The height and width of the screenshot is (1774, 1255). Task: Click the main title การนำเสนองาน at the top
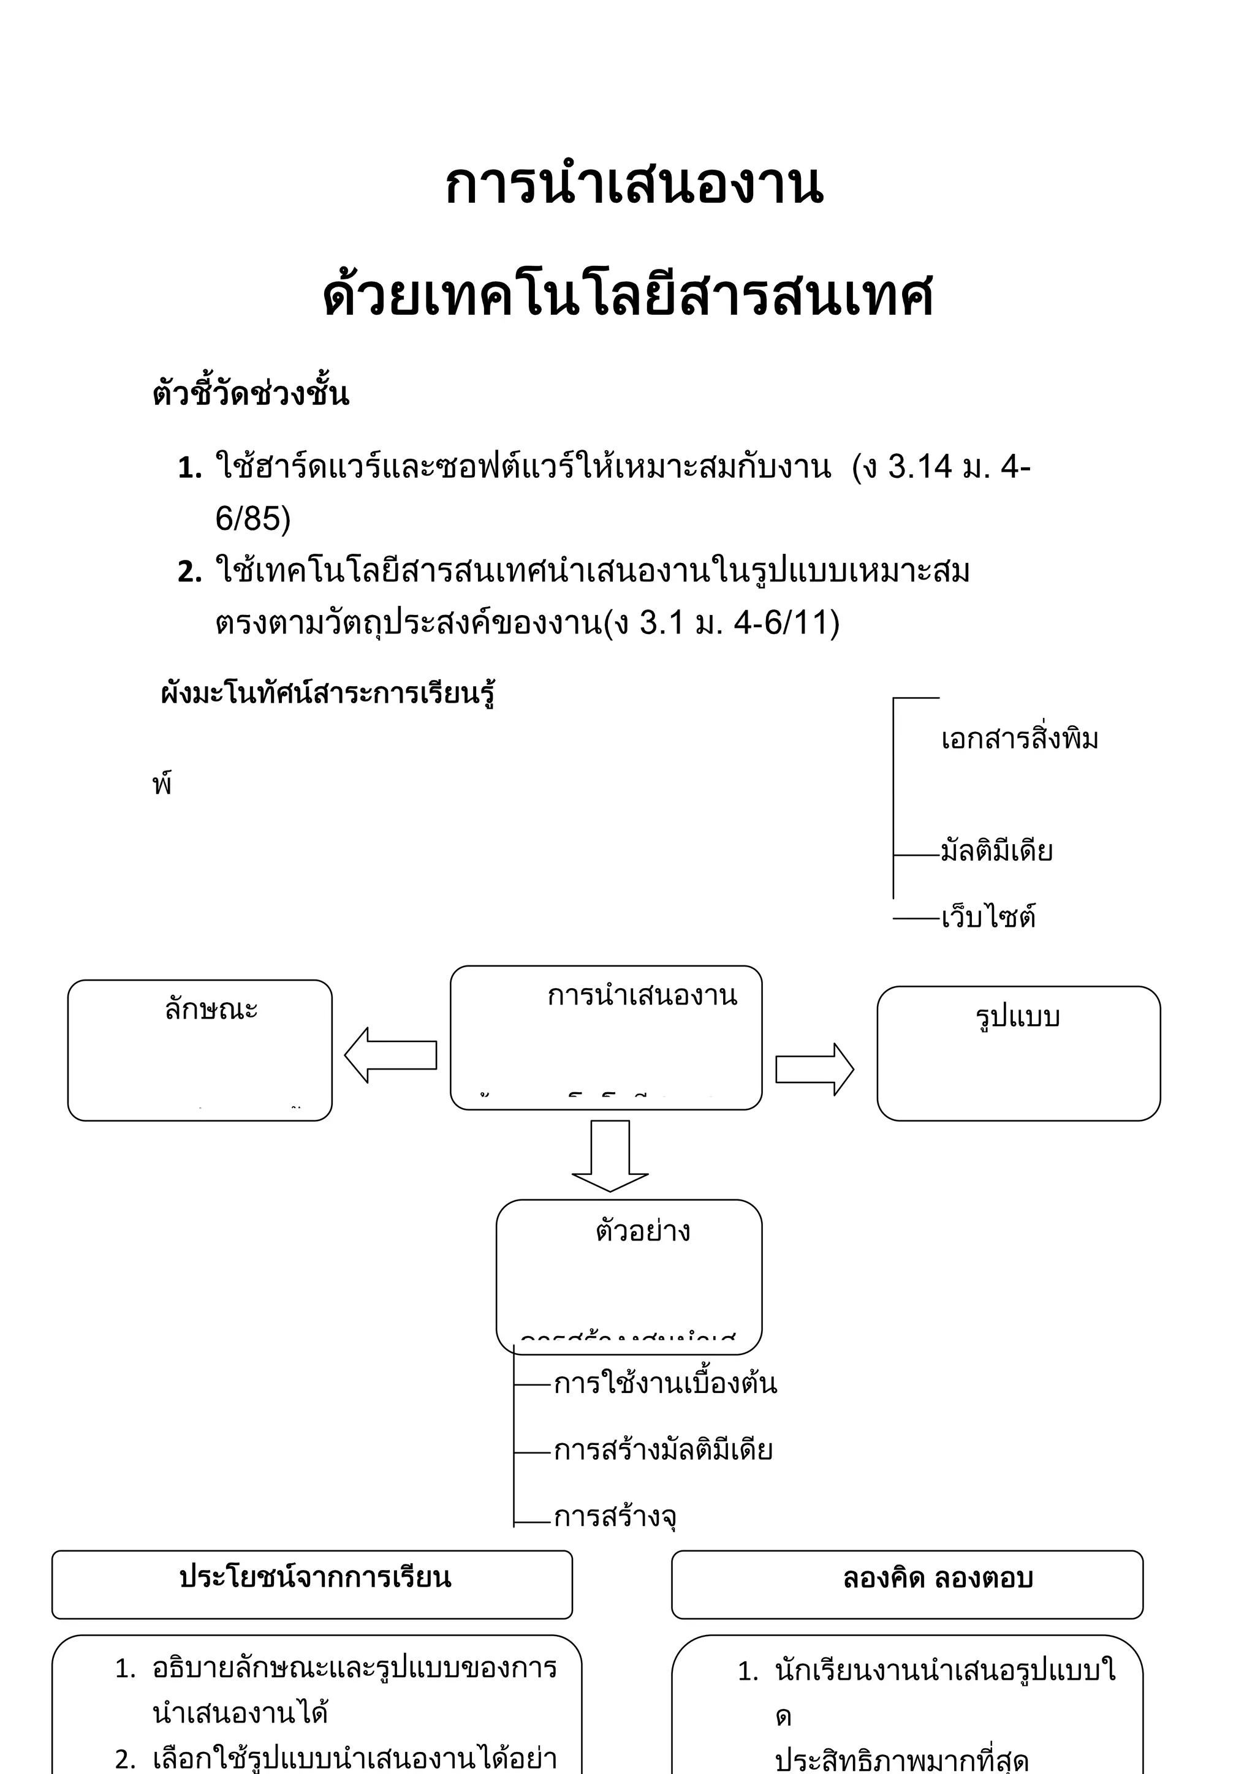pyautogui.click(x=634, y=186)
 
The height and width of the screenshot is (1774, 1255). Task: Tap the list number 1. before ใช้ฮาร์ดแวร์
pyautogui.click(x=189, y=467)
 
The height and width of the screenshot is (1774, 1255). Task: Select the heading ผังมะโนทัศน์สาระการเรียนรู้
pyautogui.click(x=328, y=693)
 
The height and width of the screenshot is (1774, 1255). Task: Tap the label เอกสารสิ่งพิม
pyautogui.click(x=1018, y=739)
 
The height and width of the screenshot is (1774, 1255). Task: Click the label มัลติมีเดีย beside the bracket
pyautogui.click(x=996, y=851)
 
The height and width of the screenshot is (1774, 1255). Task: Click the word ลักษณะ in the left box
pyautogui.click(x=211, y=1009)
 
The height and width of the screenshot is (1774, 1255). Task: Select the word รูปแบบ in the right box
pyautogui.click(x=1018, y=1017)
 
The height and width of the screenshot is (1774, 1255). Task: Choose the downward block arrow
pyautogui.click(x=610, y=1156)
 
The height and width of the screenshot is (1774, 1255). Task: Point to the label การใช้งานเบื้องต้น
pyautogui.click(x=665, y=1384)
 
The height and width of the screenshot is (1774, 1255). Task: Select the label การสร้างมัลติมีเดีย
pyautogui.click(x=663, y=1451)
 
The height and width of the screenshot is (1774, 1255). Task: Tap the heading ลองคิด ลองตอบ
pyautogui.click(x=938, y=1579)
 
